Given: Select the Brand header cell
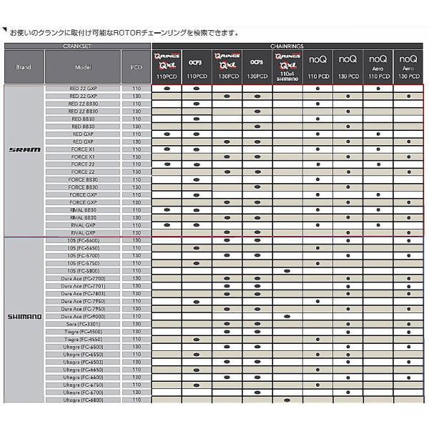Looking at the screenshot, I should point(24,67).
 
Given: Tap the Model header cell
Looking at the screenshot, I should point(83,67).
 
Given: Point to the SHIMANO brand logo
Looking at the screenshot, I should point(24,316).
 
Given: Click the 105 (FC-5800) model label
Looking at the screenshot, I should point(83,271).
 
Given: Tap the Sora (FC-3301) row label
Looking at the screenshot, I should point(83,324).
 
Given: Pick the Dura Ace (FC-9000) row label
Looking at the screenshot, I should point(83,316).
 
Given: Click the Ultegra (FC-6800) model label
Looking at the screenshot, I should point(83,400).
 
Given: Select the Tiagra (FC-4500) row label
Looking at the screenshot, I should point(83,332).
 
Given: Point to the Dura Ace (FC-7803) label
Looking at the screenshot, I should point(83,293).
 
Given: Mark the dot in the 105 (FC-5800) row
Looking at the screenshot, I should point(287,271).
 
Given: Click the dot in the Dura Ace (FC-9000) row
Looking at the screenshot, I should point(287,316).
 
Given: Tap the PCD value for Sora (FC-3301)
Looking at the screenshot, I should point(137,324).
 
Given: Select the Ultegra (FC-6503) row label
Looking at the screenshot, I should point(83,362).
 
